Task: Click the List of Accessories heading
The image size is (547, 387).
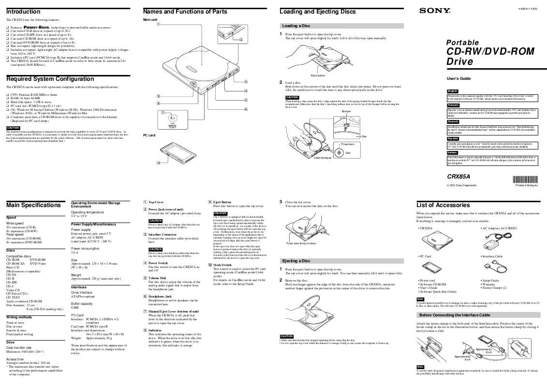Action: coord(444,205)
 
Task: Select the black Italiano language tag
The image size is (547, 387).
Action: coord(453,152)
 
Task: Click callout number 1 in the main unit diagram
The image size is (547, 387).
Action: coord(159,24)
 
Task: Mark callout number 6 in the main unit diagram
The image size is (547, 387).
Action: coord(246,109)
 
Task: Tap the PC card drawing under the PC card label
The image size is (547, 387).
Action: coord(174,154)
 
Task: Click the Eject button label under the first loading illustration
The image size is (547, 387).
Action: coord(318,75)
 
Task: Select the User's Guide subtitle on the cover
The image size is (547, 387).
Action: coord(458,78)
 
